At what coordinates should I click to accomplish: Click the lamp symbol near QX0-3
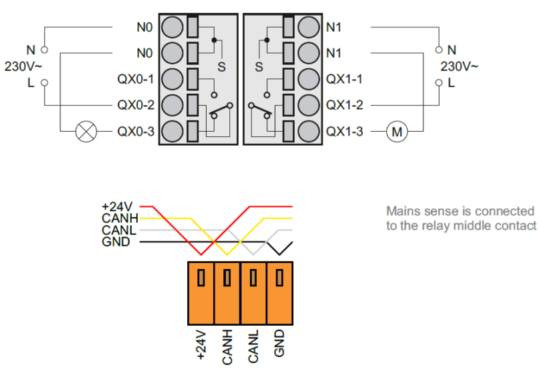[85, 131]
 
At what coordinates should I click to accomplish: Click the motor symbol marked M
[398, 131]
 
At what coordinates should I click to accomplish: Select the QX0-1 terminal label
[136, 79]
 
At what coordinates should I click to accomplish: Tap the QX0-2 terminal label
[136, 105]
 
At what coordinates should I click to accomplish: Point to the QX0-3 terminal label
[136, 131]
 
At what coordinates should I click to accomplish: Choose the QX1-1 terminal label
[344, 79]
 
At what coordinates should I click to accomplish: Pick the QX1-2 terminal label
[344, 105]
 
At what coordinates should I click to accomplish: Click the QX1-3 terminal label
[344, 131]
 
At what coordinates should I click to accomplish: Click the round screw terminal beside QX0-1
[172, 79]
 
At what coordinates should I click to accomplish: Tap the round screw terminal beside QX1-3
[308, 131]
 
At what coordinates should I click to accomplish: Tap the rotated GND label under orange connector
[279, 345]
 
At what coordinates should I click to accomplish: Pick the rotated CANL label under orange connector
[253, 345]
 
